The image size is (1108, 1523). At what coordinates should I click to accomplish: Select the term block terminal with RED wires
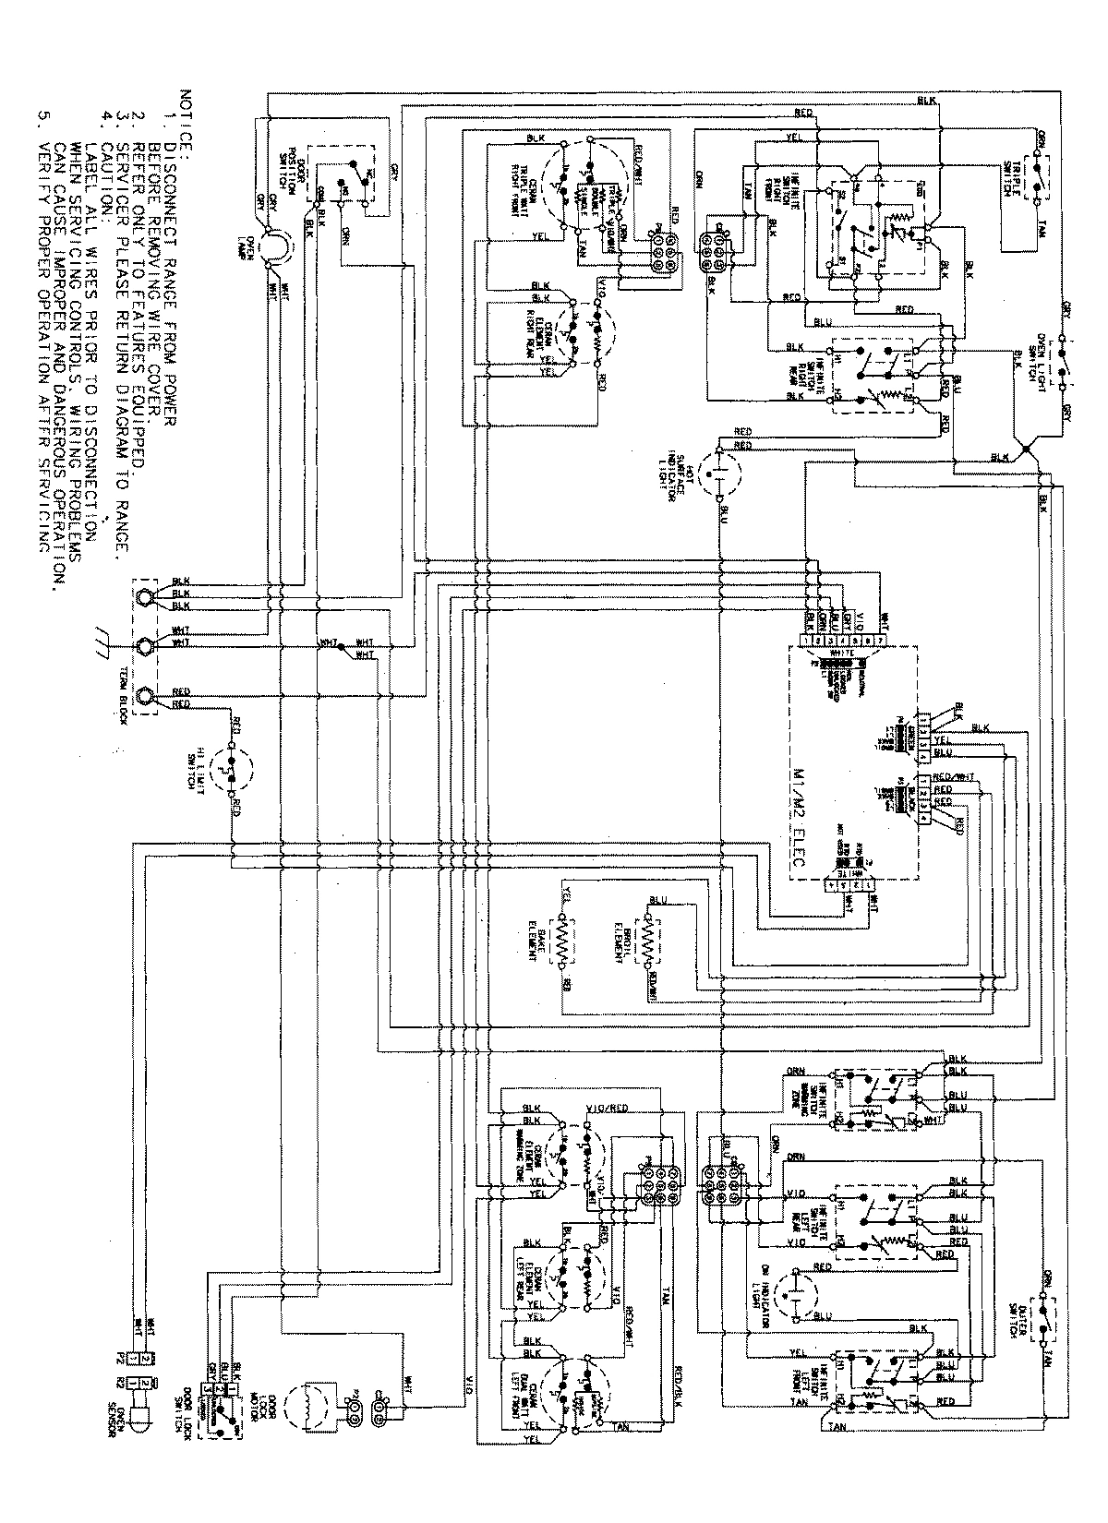[x=145, y=697]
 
